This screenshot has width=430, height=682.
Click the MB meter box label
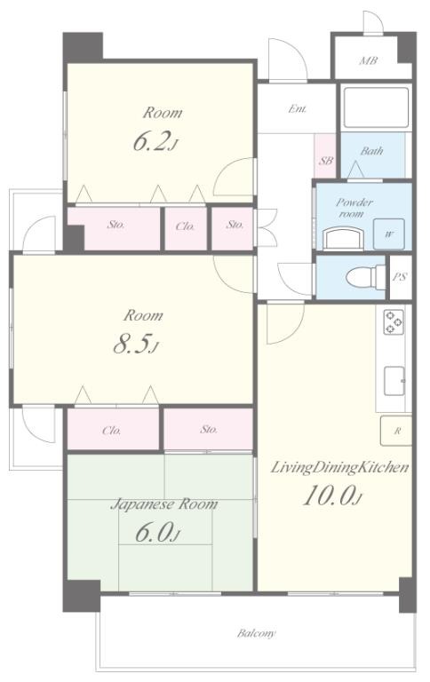pos(368,60)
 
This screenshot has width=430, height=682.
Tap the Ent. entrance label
pos(298,108)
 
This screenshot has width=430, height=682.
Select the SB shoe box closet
pos(325,155)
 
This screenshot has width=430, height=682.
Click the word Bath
pos(371,151)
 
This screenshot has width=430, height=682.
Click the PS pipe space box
pos(400,277)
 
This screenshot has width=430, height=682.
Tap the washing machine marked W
pos(388,234)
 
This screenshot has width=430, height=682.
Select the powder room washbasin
pos(343,240)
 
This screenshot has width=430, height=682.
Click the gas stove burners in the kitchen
pos(394,321)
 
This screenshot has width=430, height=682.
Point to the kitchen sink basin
pos(394,381)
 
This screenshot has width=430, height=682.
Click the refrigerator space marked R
pos(396,431)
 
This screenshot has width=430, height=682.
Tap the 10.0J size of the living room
pos(332,496)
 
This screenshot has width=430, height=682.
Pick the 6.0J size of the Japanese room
pos(157,532)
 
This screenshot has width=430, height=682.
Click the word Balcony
pos(256,633)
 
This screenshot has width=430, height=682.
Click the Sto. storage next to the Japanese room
pos(208,429)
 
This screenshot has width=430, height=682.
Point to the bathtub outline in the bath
pos(376,108)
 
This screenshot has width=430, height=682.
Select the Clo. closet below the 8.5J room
pos(113,429)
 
